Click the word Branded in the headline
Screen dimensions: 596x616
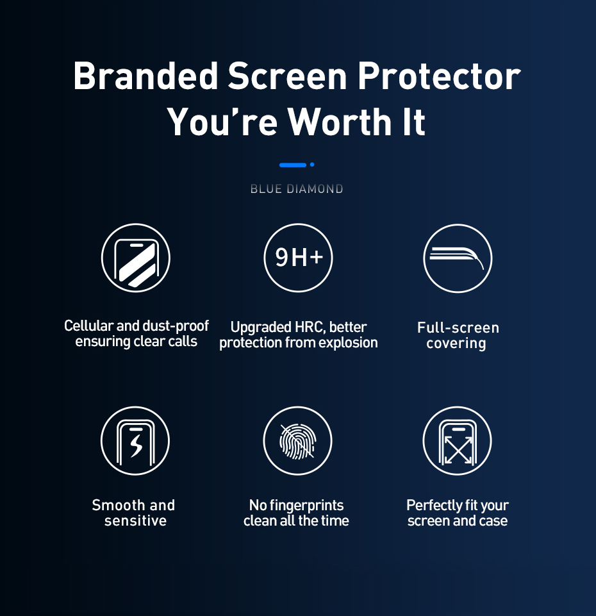click(145, 76)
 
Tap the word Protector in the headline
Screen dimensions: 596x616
click(439, 76)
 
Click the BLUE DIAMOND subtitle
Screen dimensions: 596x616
click(297, 189)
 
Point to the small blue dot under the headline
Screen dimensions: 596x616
click(312, 165)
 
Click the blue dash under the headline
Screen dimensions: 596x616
click(293, 165)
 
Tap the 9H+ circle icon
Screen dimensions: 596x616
click(298, 258)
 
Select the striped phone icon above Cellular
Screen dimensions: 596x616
click(136, 258)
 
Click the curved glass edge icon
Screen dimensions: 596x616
click(458, 258)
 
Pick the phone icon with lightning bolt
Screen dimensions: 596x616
click(135, 441)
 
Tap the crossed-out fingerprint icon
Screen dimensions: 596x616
click(297, 441)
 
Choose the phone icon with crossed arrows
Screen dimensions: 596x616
click(458, 441)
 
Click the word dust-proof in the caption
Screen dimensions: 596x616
click(176, 326)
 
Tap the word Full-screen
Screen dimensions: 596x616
click(458, 328)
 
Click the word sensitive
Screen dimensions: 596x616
click(136, 521)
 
